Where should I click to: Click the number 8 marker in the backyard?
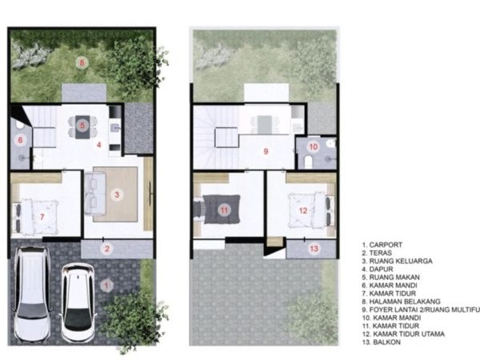coord(82,63)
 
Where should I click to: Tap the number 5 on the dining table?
coord(82,125)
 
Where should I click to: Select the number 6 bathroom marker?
coord(21,140)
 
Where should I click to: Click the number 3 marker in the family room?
coord(117,194)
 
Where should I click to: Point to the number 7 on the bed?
coord(42,217)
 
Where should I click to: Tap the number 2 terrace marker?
coord(107,249)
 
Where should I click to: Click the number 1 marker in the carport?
coord(106,286)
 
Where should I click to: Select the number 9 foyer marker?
coord(266,151)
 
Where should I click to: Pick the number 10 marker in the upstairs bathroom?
coord(314,147)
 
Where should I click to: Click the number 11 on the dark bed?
coord(224,210)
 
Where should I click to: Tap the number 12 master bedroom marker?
coord(303,210)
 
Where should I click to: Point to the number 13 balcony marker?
coord(314,249)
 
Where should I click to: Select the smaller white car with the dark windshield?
coord(78,303)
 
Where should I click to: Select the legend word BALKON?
coord(386,342)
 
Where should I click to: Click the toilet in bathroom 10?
coord(309,162)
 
